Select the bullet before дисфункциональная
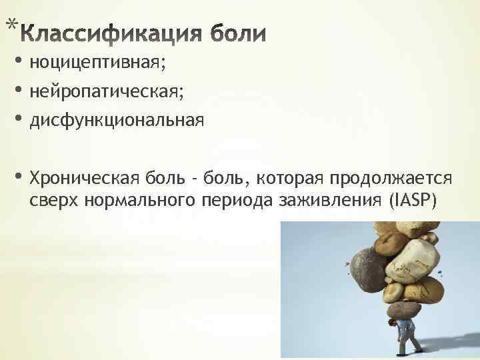coord(17,121)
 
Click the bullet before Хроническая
coord(17,178)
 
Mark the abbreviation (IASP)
coord(415,201)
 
